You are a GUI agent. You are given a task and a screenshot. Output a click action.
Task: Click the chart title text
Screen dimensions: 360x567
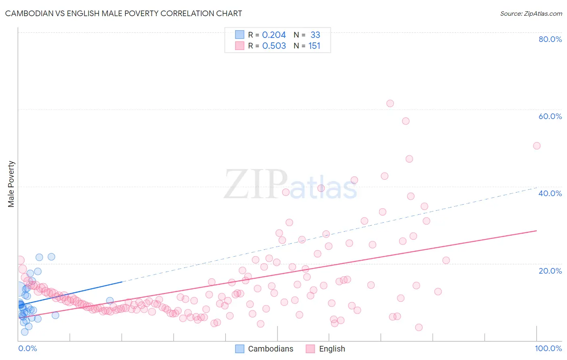tap(123, 13)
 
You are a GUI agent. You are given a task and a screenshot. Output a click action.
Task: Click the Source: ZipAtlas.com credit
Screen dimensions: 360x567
tap(531, 13)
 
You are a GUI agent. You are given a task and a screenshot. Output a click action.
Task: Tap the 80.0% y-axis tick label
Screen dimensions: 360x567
tap(550, 39)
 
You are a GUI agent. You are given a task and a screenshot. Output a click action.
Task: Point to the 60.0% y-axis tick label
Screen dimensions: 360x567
tap(550, 116)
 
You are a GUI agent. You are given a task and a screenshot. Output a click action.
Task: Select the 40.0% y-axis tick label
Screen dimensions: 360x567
tap(550, 193)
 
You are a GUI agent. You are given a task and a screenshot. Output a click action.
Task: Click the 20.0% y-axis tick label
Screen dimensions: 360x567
tap(550, 271)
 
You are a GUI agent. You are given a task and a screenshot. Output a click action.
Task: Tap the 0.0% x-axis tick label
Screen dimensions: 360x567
tap(27, 348)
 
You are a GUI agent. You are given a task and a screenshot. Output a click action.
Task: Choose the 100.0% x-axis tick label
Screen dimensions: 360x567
tap(548, 348)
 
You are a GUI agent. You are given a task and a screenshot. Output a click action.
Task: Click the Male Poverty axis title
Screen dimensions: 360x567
tap(11, 184)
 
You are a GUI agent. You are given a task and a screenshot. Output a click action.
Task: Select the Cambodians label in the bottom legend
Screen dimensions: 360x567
tap(271, 349)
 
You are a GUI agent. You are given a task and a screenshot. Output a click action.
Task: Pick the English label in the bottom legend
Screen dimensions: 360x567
tap(332, 349)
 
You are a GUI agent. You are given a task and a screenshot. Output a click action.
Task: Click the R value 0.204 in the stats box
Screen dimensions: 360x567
tap(274, 35)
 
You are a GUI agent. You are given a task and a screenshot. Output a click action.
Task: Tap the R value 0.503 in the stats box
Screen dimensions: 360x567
tap(274, 46)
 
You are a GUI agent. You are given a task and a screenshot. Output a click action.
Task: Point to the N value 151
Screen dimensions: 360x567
tap(314, 46)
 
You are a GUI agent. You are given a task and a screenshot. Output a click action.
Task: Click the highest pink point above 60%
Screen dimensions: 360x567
tap(390, 103)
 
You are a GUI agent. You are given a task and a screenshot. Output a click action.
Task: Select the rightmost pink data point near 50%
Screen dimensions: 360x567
tap(536, 146)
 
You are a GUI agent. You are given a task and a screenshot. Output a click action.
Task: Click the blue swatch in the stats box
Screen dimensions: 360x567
tap(240, 35)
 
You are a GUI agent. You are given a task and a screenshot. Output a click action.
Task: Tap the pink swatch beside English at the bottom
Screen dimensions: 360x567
tap(310, 349)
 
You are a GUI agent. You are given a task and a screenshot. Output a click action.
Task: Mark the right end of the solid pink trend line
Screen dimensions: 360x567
tap(537, 230)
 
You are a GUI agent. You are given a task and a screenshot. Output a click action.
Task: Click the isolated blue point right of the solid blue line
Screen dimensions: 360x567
tap(110, 300)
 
